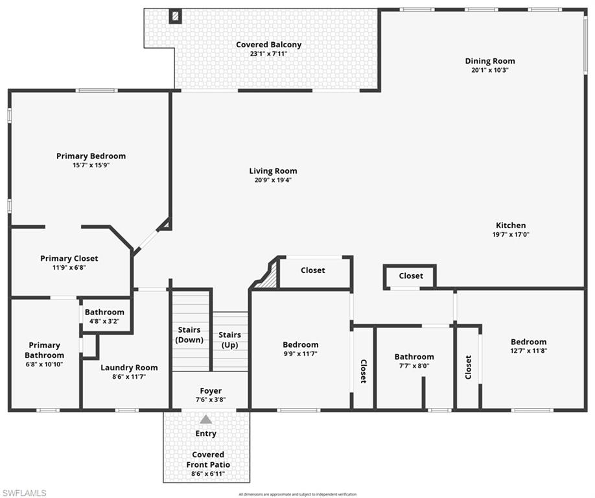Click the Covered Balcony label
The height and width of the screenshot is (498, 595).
pyautogui.click(x=268, y=45)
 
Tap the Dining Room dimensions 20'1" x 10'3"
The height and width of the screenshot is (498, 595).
pyautogui.click(x=489, y=70)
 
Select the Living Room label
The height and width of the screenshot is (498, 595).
pyautogui.click(x=273, y=171)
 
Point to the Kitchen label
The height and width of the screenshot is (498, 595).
pyautogui.click(x=511, y=226)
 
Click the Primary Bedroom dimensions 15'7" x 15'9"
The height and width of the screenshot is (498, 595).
pyautogui.click(x=91, y=165)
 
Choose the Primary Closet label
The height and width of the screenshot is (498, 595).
pyautogui.click(x=69, y=258)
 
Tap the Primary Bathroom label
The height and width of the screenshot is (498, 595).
pyautogui.click(x=44, y=350)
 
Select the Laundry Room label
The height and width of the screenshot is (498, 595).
pyautogui.click(x=129, y=368)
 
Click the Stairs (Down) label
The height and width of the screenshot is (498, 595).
pyautogui.click(x=189, y=335)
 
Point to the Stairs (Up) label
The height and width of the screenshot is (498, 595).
pyautogui.click(x=229, y=339)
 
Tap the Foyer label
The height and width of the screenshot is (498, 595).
pyautogui.click(x=210, y=391)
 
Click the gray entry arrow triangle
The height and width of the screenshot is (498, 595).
pyautogui.click(x=205, y=420)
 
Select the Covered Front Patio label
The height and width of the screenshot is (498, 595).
pyautogui.click(x=209, y=460)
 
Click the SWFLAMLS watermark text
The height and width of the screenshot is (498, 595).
pyautogui.click(x=24, y=493)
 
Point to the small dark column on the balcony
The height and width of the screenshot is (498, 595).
pyautogui.click(x=175, y=16)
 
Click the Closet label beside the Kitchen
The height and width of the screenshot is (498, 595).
pyautogui.click(x=411, y=276)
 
